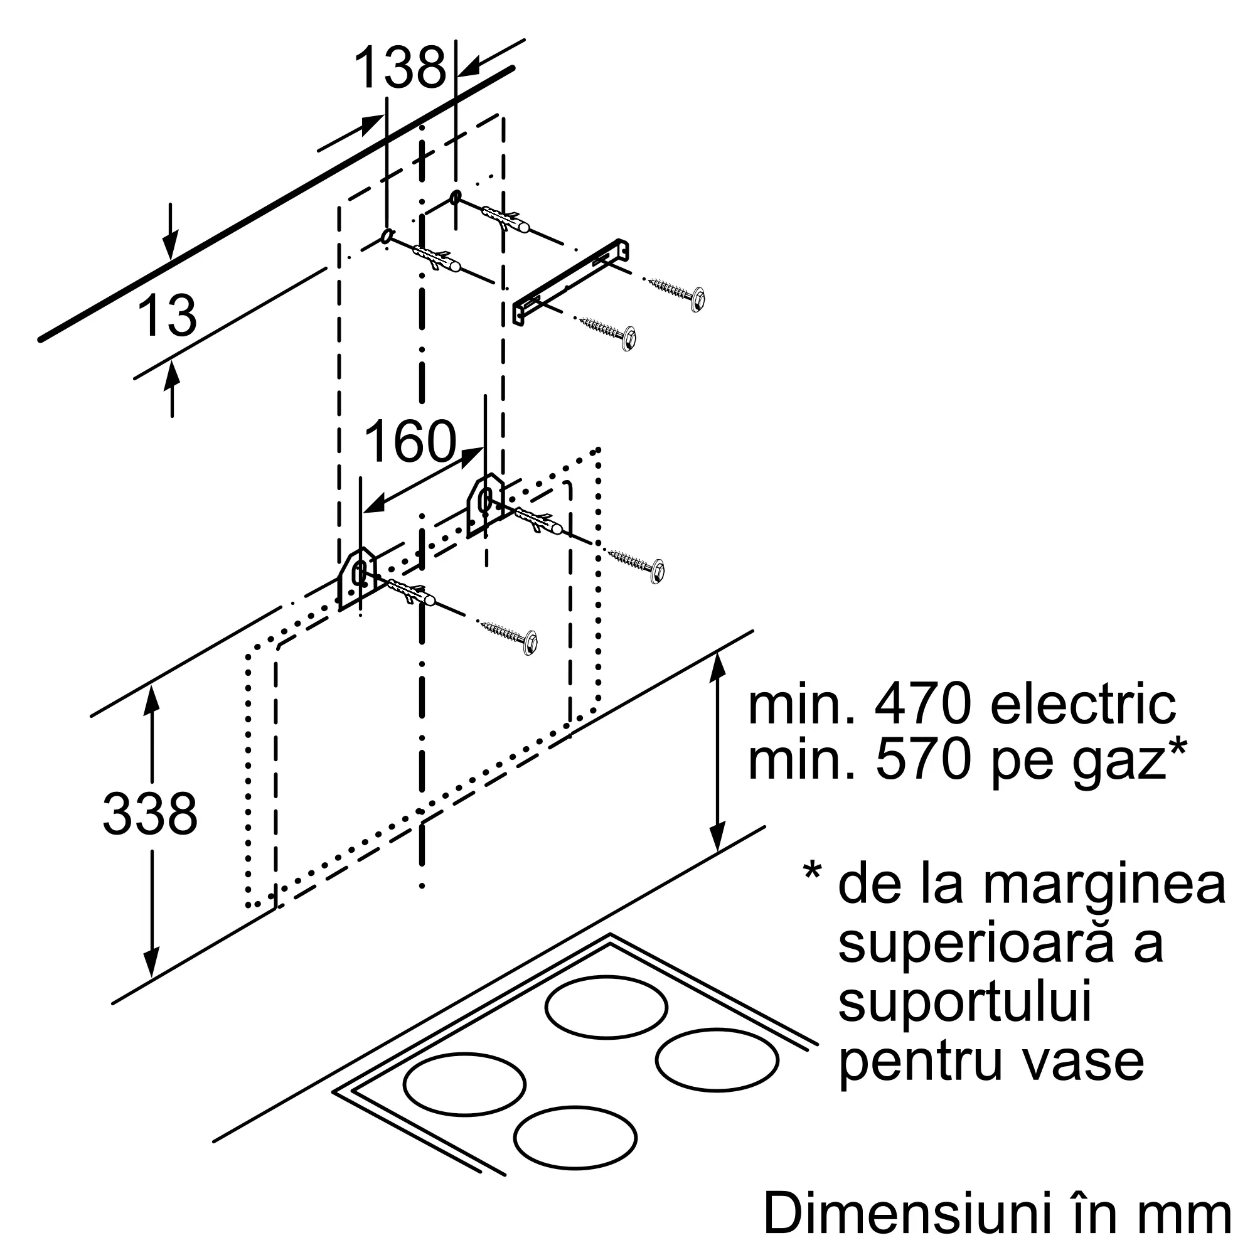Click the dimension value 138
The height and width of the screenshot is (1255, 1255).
400,68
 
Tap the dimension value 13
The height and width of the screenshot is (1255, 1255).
167,316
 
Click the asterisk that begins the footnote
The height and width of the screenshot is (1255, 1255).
812,872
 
